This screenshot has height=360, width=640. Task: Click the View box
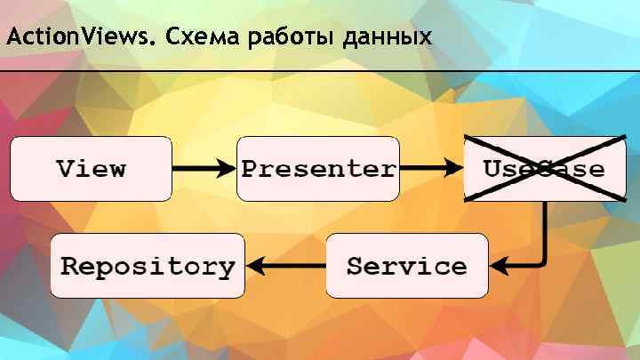(x=91, y=168)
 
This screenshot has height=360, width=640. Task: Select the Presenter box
(x=318, y=168)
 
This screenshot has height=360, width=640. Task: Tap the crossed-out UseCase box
(x=544, y=168)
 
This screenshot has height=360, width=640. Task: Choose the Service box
(x=406, y=266)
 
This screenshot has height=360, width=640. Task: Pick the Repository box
(x=148, y=266)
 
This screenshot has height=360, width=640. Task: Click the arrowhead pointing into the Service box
(x=499, y=265)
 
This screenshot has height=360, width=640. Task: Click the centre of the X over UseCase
(x=545, y=167)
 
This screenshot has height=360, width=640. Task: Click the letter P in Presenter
(x=251, y=168)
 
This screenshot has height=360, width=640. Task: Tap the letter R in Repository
(x=70, y=266)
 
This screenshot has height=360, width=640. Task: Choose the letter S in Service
(x=355, y=266)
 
